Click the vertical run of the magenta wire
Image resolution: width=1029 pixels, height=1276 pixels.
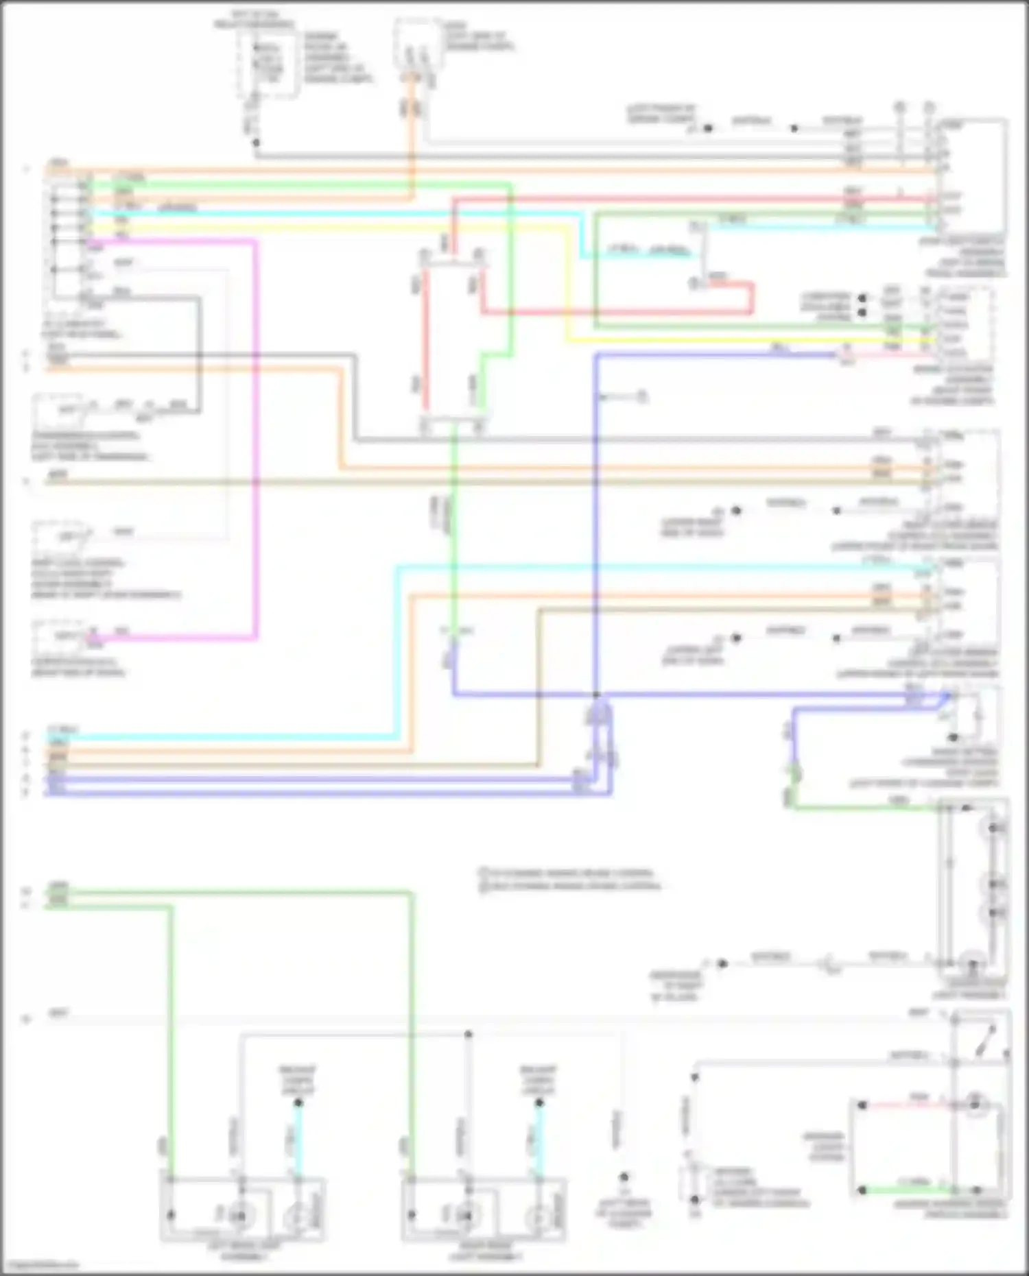click(256, 439)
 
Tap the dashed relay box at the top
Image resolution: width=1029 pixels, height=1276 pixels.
click(268, 62)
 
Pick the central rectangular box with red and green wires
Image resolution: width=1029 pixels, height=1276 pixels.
click(453, 339)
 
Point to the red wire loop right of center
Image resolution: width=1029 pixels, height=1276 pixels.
click(751, 298)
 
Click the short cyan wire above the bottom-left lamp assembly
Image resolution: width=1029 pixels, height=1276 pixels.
click(298, 1138)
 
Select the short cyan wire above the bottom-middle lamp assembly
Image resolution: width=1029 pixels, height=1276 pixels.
click(539, 1138)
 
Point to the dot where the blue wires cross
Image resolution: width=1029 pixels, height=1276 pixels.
click(596, 695)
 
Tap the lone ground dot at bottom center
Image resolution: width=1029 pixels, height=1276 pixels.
click(624, 1177)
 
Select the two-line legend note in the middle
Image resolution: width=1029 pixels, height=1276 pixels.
click(569, 880)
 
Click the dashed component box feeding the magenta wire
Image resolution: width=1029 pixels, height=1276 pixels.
click(62, 636)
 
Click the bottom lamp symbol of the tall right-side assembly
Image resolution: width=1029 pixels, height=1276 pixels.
click(972, 963)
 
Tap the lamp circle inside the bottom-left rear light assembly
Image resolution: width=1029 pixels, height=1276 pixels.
click(238, 1217)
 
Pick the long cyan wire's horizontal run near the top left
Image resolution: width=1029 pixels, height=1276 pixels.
click(329, 213)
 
